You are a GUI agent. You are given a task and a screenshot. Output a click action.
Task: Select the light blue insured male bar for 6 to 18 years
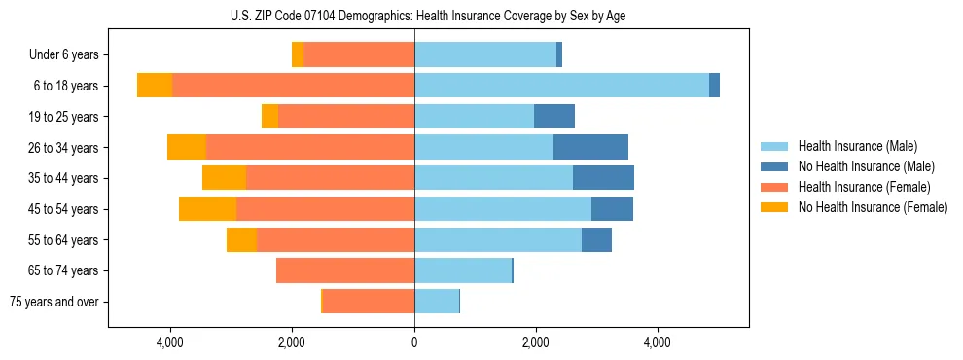pos(561,86)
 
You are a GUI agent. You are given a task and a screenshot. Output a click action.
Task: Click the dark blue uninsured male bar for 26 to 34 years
pos(590,147)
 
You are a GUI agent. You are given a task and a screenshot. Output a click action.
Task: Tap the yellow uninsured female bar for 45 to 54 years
pos(207,208)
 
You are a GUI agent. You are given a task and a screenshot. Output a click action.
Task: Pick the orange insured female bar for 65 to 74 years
pos(345,270)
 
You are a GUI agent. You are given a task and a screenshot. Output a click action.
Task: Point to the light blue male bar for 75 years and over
pos(437,302)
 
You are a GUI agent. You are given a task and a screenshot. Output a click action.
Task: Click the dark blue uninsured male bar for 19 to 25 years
pos(554,117)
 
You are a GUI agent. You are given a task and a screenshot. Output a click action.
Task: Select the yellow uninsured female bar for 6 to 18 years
pos(155,86)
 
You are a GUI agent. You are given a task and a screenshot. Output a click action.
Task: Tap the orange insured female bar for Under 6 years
pos(359,54)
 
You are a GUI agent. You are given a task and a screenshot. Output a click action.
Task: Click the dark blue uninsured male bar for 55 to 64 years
pos(596,239)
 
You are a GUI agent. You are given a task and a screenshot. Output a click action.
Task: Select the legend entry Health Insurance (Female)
pos(864,187)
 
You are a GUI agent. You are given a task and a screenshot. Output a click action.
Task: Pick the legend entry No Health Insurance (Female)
pos(872,207)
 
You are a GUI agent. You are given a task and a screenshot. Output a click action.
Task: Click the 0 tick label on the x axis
pos(414,342)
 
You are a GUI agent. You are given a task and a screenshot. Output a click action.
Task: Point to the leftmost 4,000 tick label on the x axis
pos(170,342)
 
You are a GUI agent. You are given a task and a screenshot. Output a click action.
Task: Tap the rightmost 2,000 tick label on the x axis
pos(536,342)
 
